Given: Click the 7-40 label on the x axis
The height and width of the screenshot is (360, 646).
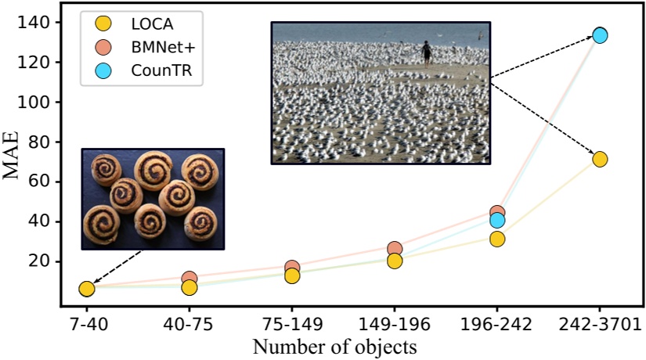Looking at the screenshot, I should click(86, 324).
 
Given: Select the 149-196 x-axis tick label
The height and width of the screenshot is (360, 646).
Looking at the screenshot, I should click(394, 324).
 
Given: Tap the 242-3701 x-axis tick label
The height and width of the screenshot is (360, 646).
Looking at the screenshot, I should click(600, 324).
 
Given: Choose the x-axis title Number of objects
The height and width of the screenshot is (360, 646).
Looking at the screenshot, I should click(339, 345).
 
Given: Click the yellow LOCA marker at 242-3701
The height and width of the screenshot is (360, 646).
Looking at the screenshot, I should click(600, 159).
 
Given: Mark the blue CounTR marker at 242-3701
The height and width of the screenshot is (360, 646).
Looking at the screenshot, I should click(600, 35).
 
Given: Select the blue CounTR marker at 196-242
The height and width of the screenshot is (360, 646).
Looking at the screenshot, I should click(496, 221).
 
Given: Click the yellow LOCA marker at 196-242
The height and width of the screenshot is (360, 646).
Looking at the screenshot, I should click(496, 239).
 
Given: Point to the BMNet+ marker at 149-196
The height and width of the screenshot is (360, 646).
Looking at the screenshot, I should click(395, 249).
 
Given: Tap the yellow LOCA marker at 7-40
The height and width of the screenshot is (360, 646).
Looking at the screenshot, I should click(86, 289).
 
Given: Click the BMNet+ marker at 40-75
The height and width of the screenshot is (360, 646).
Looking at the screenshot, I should click(189, 279).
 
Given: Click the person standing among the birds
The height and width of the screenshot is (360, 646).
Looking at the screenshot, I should click(426, 52).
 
